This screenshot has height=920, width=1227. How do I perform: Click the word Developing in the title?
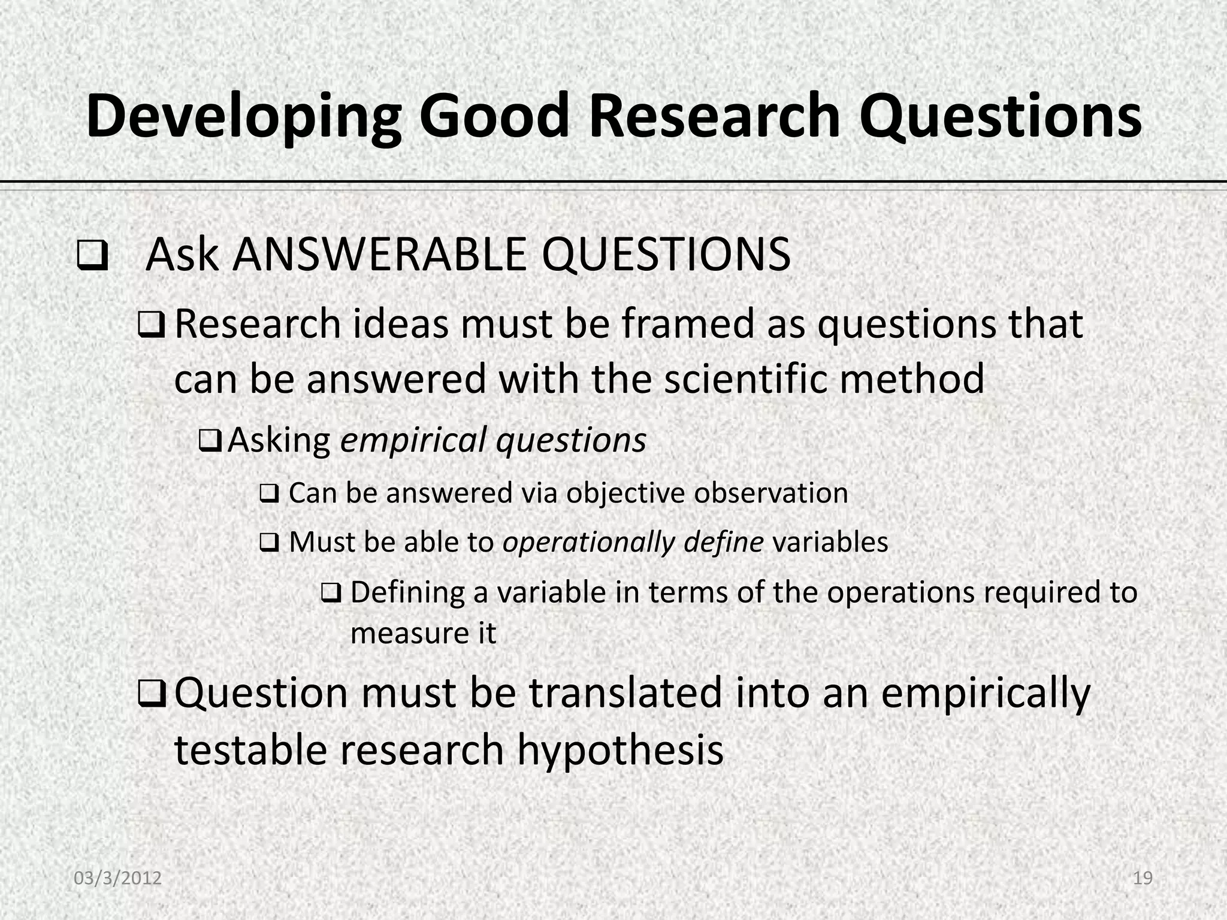243,117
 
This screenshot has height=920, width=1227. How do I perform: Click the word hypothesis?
620,750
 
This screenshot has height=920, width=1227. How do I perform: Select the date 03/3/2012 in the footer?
117,878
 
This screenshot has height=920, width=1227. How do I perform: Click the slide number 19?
1143,878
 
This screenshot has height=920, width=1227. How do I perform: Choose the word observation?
771,494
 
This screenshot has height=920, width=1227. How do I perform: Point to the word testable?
250,750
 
